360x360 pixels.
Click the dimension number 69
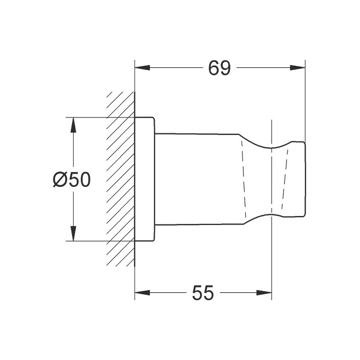click(x=219, y=68)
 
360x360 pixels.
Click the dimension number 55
click(x=203, y=293)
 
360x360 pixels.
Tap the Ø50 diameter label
click(x=71, y=179)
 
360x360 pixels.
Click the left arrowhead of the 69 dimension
click(x=142, y=68)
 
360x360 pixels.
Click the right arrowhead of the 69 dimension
click(x=298, y=68)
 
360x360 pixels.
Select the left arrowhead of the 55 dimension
click(x=142, y=293)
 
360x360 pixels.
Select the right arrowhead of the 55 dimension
click(x=264, y=293)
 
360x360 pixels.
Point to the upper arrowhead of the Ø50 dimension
click(x=73, y=125)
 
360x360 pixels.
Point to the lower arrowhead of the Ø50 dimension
click(x=73, y=233)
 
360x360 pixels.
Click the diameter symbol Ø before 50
click(x=59, y=179)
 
